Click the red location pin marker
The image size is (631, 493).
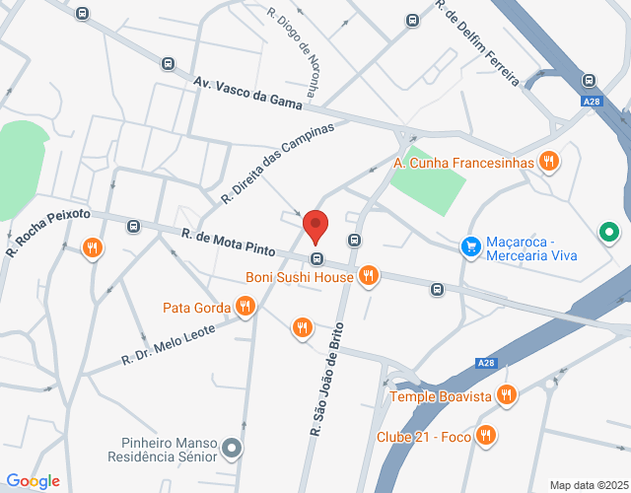[315, 226]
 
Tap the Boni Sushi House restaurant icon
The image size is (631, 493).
[369, 276]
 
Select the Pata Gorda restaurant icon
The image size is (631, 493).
[245, 309]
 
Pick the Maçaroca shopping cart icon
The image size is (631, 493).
[471, 246]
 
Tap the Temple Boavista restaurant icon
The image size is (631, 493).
[507, 395]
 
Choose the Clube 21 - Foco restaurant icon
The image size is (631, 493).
[485, 435]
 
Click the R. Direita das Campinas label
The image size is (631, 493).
[278, 162]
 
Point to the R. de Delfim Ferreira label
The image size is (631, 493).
[477, 41]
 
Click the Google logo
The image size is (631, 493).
[33, 481]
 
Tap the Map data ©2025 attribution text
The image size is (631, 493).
[589, 485]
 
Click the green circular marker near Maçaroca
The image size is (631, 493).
[610, 233]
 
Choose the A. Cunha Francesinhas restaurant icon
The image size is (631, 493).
[548, 162]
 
